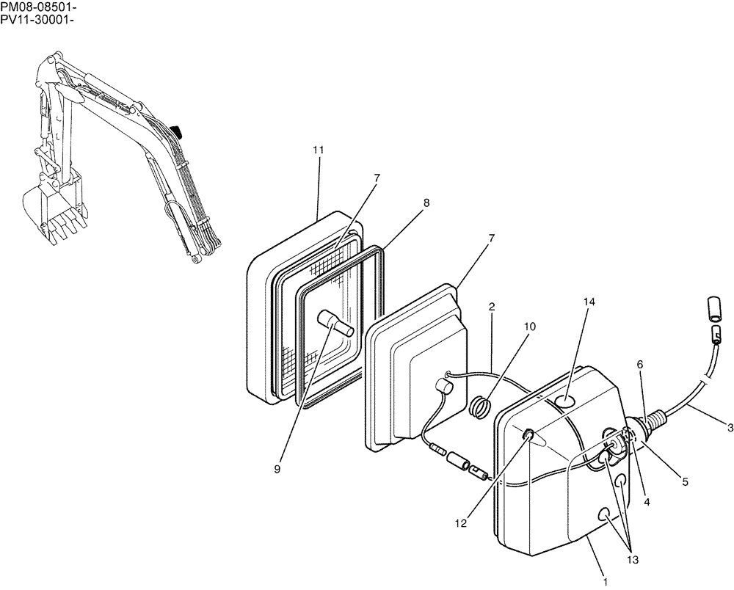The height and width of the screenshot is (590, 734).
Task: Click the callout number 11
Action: pyautogui.click(x=318, y=150)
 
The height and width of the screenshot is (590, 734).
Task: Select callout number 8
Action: pyautogui.click(x=426, y=203)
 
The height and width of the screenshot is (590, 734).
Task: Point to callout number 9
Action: pyautogui.click(x=277, y=470)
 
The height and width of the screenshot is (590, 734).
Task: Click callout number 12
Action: pyautogui.click(x=460, y=523)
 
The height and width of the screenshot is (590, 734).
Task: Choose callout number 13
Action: pyautogui.click(x=633, y=560)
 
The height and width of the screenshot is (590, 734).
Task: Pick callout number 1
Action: pyautogui.click(x=605, y=582)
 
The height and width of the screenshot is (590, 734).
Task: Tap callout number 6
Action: pyautogui.click(x=640, y=364)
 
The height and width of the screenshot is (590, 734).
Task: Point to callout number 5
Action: pyautogui.click(x=685, y=482)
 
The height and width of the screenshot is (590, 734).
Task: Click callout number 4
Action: pyautogui.click(x=647, y=503)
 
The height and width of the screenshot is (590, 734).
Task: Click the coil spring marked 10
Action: pyautogui.click(x=480, y=407)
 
